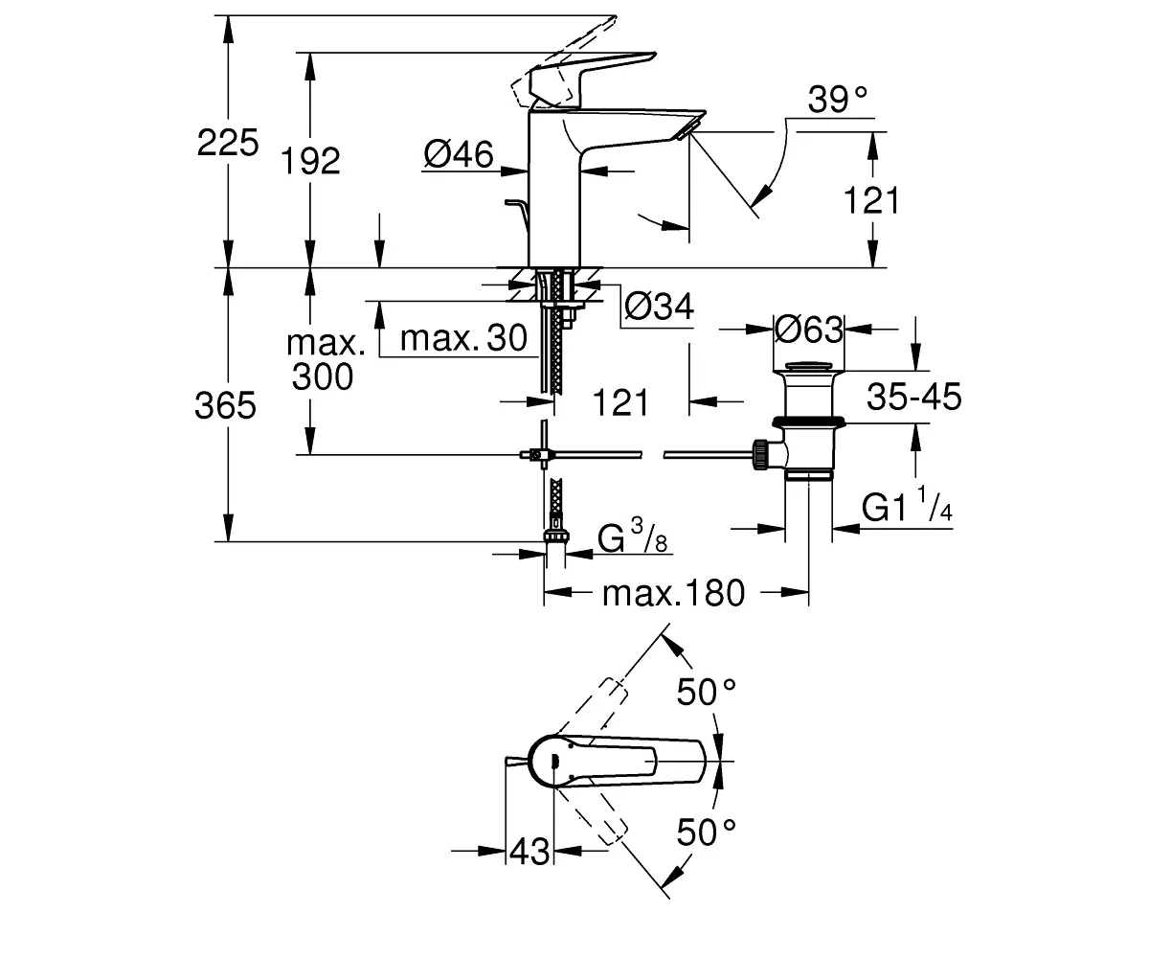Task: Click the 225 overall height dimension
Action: pyautogui.click(x=228, y=142)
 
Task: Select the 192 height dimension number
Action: pyautogui.click(x=310, y=161)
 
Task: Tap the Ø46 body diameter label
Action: pyautogui.click(x=459, y=154)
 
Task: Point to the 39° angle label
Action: pyautogui.click(x=837, y=100)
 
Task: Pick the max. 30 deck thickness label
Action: pyautogui.click(x=463, y=337)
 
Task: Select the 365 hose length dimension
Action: pyautogui.click(x=225, y=404)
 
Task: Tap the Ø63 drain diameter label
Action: pyautogui.click(x=808, y=330)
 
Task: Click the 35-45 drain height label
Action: pyautogui.click(x=914, y=397)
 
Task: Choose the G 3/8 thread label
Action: pyautogui.click(x=633, y=536)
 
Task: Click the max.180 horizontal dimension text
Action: pyautogui.click(x=673, y=593)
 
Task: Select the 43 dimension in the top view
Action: pyautogui.click(x=529, y=851)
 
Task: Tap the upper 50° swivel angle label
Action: pyautogui.click(x=707, y=693)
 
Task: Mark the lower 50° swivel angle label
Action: pyautogui.click(x=707, y=832)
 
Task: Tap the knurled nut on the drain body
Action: pyautogui.click(x=760, y=454)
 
